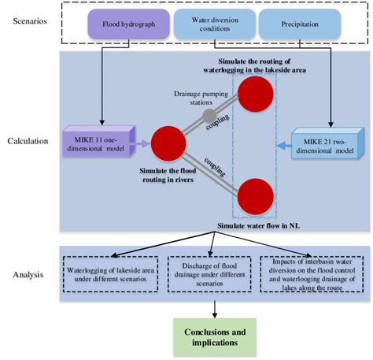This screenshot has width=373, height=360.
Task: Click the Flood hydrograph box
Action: click(x=125, y=24)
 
